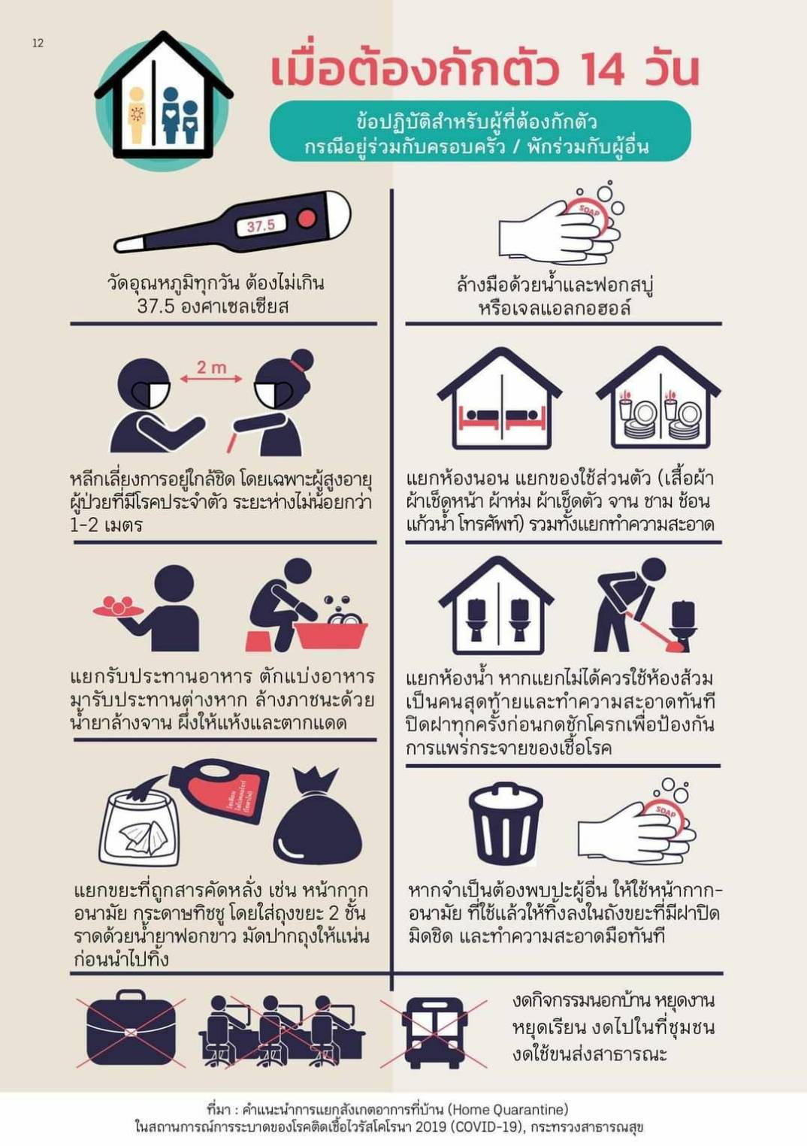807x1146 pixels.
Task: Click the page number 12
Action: [38, 44]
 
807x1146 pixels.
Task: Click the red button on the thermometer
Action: [305, 219]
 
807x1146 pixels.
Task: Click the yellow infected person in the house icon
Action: [137, 114]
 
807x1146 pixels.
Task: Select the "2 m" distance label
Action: [211, 367]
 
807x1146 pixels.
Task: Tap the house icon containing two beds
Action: [499, 398]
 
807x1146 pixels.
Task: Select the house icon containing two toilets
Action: [496, 606]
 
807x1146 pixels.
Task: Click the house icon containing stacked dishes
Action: [658, 398]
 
